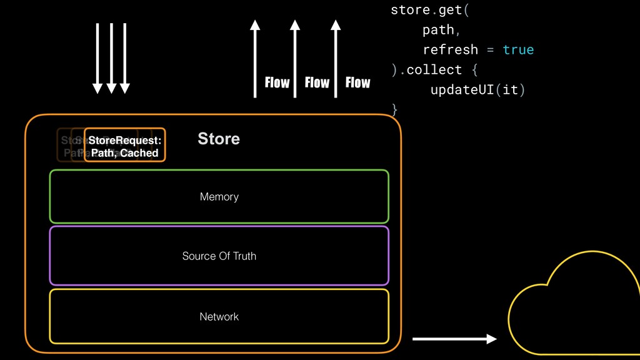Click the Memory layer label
coord(219,197)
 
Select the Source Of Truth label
coord(219,256)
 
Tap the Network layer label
coord(219,317)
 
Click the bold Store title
coord(219,139)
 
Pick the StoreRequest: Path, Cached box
coord(124,146)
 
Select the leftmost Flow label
coord(277,82)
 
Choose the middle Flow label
coord(317,82)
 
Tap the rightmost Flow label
coord(357,82)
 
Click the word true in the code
coord(518,49)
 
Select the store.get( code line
coord(428,10)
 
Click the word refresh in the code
coord(450,49)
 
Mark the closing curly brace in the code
coord(394,109)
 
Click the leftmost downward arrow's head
coord(97,88)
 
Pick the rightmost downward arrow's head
coord(125,88)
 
